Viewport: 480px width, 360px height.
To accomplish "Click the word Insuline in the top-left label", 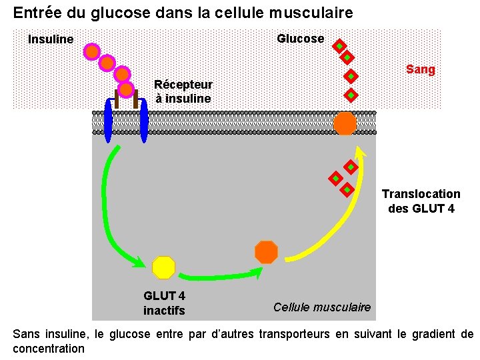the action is (51, 40).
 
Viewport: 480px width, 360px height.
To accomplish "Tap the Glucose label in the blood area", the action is (300, 39).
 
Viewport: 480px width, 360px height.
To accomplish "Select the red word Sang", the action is (420, 69).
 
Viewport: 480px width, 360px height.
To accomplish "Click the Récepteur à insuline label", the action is (183, 92).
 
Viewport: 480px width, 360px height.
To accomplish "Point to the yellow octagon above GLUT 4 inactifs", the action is (163, 267).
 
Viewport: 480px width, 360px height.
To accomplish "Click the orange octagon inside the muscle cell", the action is (266, 252).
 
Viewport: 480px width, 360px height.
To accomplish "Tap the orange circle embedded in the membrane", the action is (345, 123).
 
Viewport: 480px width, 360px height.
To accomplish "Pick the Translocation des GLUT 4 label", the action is (421, 201).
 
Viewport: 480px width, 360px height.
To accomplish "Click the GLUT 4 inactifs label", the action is (164, 303).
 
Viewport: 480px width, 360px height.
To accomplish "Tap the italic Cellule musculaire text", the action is (322, 307).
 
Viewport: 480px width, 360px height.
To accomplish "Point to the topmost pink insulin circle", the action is (92, 51).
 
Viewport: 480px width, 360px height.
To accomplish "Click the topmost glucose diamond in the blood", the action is (339, 46).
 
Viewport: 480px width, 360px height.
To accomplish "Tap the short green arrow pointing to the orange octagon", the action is (220, 275).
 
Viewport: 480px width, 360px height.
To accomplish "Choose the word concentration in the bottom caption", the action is (49, 349).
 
